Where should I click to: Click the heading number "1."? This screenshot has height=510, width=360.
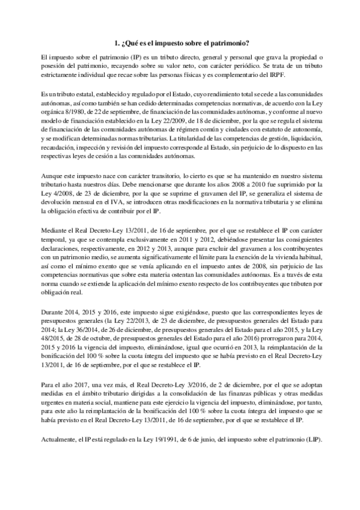click(117, 42)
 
